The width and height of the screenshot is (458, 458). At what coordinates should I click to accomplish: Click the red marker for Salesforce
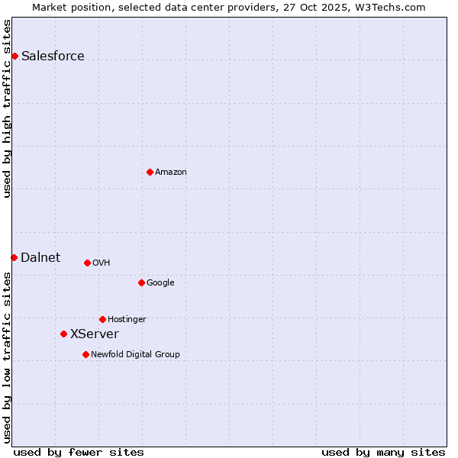click(15, 56)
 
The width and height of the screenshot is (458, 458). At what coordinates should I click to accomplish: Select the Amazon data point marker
click(150, 172)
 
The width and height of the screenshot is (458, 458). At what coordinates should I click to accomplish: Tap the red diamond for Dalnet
click(14, 257)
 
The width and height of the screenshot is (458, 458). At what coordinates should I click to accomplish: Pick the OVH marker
click(87, 263)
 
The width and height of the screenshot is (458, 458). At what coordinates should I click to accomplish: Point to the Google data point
click(141, 282)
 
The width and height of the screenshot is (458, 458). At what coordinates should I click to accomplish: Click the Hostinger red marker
click(102, 319)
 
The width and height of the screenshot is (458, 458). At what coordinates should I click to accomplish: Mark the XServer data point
click(63, 334)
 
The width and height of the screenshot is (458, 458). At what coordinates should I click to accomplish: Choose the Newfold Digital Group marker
click(85, 354)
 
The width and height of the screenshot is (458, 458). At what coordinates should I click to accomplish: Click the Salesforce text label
click(53, 56)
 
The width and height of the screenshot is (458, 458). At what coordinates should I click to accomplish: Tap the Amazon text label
click(171, 172)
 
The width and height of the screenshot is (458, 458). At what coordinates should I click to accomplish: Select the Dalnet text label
click(40, 257)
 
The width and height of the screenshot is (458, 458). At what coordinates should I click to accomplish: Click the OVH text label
click(102, 263)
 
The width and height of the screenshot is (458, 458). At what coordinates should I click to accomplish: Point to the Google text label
click(160, 282)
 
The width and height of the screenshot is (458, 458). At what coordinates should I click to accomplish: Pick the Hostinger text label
click(127, 319)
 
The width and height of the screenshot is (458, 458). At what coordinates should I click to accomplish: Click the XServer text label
click(94, 334)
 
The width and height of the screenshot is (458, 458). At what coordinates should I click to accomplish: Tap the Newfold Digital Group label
click(135, 354)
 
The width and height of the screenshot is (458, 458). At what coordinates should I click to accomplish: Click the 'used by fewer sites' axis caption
click(79, 452)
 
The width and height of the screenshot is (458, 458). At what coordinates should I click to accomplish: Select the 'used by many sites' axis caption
click(383, 452)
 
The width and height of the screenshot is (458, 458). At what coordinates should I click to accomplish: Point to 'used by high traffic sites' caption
click(8, 108)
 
